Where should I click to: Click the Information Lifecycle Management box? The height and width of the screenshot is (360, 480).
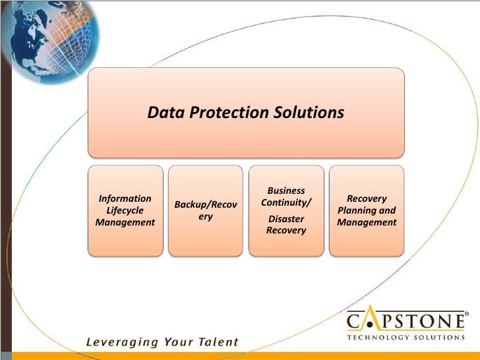125,210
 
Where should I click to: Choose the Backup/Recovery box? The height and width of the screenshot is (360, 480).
205,210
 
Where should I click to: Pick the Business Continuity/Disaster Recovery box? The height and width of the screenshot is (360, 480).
285,210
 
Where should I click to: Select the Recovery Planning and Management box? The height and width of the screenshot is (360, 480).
367,210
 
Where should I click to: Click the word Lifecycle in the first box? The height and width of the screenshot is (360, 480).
125,210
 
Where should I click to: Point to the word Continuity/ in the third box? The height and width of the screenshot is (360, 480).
286,202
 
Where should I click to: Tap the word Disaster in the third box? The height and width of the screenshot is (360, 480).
286,218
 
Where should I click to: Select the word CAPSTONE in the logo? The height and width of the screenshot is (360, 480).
405,321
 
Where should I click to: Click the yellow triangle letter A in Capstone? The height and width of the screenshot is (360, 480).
374,321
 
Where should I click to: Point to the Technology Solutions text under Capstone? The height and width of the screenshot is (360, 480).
405,337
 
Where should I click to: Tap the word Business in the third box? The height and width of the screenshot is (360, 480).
286,191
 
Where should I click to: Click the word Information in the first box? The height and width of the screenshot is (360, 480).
125,198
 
